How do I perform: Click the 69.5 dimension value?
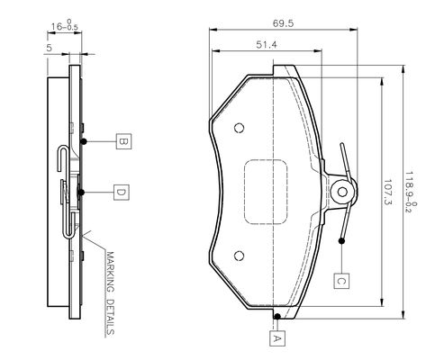tap(283, 23)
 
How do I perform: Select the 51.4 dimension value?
tap(267, 45)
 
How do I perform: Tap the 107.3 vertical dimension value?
tap(388, 192)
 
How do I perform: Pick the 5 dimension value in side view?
tap(50, 48)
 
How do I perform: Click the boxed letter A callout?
tap(277, 338)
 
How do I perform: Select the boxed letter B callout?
tap(123, 141)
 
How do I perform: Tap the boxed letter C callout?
tap(341, 281)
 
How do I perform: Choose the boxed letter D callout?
tap(122, 193)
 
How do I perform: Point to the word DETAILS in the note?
tap(110, 317)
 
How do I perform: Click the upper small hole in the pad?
tap(239, 128)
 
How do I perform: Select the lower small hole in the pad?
tap(239, 256)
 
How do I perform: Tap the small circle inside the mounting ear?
tap(342, 192)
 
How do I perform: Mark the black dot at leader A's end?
tap(277, 316)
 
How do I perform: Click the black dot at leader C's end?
tap(341, 240)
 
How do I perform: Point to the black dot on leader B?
tap(84, 141)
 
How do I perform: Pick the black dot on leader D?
tap(81, 193)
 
